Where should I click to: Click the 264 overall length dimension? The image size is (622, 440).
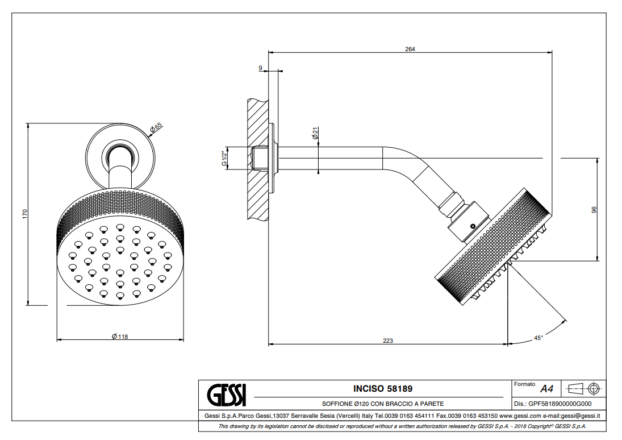(410, 49)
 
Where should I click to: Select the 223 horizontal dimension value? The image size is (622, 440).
(388, 341)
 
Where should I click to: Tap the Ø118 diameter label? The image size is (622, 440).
(120, 337)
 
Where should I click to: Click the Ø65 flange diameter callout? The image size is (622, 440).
(156, 128)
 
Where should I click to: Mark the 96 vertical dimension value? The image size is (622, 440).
(594, 210)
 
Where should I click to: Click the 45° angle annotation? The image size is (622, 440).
(538, 338)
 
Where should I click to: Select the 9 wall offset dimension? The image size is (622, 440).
(260, 68)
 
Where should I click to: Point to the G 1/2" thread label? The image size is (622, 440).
(224, 158)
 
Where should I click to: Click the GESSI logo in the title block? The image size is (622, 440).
(226, 395)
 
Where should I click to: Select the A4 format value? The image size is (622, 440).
(546, 389)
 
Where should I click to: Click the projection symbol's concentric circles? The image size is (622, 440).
(594, 389)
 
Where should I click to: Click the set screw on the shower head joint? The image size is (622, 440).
(471, 226)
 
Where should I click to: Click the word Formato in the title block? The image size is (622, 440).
(524, 384)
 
